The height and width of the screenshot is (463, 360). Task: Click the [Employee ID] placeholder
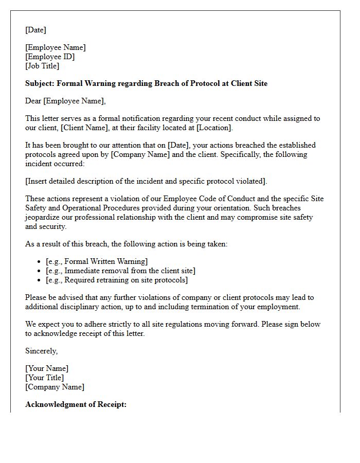point(50,57)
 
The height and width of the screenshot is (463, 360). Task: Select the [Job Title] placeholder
point(42,66)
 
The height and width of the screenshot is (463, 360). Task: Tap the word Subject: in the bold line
point(40,83)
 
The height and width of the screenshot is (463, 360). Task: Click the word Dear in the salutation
point(33,101)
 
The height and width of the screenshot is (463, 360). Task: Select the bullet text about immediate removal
point(120,271)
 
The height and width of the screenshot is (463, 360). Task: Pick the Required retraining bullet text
point(117,280)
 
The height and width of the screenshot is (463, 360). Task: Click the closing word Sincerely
point(41,351)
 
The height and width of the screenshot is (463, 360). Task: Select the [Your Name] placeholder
point(47,368)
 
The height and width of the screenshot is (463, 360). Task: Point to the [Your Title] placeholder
point(45,378)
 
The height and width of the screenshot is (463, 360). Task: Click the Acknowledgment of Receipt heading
point(76,404)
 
